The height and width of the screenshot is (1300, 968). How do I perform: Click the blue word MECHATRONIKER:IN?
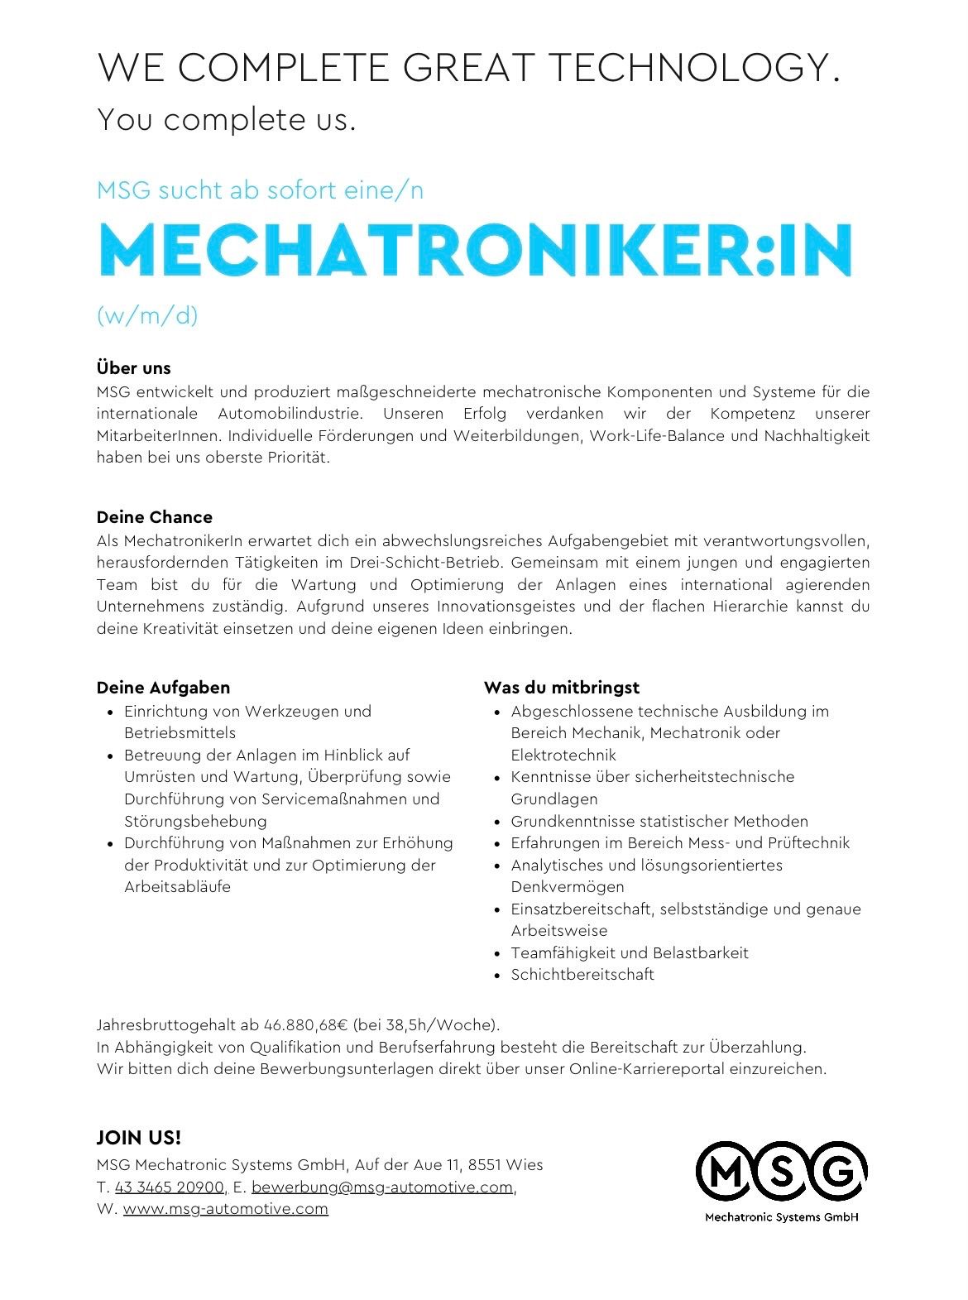[474, 250]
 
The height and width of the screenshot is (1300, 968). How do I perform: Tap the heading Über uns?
[133, 368]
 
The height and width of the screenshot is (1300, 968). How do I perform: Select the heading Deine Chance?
[154, 517]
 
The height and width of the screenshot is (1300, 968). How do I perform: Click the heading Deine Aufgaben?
[163, 688]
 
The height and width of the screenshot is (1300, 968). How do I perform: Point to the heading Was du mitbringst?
[561, 688]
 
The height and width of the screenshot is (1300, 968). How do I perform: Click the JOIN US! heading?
[138, 1137]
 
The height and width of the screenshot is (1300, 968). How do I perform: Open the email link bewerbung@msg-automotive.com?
[381, 1187]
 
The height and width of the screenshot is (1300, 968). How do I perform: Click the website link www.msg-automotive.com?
[225, 1208]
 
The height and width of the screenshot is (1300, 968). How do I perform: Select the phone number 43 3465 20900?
[170, 1187]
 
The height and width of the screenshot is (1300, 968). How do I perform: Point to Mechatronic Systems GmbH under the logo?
[781, 1217]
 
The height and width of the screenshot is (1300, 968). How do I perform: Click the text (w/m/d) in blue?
[147, 315]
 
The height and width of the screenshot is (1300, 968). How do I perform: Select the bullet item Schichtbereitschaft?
[582, 975]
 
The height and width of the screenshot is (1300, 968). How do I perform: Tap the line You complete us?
[226, 120]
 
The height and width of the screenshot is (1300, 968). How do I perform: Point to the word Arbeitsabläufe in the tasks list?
[177, 887]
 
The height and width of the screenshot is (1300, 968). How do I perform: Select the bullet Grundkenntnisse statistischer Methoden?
[659, 821]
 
